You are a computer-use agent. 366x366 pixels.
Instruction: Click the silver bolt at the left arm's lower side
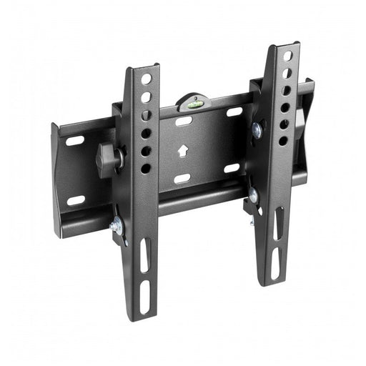click(117, 227)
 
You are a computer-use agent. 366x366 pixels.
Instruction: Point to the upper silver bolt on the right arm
click(257, 130)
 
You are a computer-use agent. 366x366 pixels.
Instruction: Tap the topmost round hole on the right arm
click(287, 56)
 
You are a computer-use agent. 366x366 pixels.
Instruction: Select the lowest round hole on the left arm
click(146, 169)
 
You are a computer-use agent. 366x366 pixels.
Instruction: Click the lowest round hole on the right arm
click(283, 141)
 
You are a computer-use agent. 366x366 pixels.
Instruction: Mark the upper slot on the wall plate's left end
click(75, 141)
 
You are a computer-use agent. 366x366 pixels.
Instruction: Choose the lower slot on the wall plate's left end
click(76, 200)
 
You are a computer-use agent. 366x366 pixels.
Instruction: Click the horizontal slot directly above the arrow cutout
click(184, 122)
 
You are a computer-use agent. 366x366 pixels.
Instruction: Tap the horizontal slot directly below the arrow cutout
click(182, 178)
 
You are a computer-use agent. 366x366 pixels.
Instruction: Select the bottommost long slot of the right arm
click(275, 265)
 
